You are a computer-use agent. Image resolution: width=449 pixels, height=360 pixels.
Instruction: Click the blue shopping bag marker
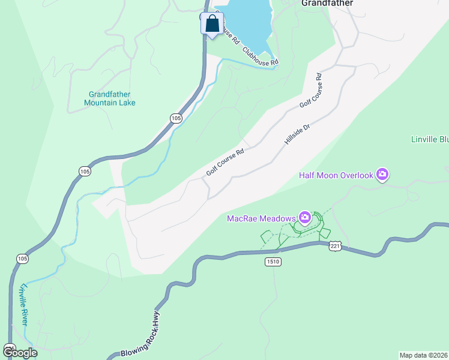[x=211, y=25]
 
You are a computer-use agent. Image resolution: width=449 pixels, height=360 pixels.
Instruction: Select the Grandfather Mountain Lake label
[x=110, y=98]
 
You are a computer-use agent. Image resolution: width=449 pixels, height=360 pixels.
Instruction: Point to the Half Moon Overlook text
[x=336, y=175]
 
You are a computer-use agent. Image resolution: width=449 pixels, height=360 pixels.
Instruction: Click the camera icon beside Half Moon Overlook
[x=382, y=175]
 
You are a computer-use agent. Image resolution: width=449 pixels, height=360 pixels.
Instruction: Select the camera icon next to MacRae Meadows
[x=305, y=217]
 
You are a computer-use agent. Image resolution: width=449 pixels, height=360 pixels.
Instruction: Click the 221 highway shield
[x=335, y=246]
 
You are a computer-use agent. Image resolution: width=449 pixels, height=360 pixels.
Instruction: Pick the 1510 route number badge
[x=273, y=262]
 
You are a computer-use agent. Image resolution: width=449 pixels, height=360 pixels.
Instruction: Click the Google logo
[x=20, y=353]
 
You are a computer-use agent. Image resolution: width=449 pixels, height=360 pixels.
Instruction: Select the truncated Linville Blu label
[x=430, y=140]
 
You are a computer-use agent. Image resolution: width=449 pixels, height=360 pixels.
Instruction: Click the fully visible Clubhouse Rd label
[x=261, y=54]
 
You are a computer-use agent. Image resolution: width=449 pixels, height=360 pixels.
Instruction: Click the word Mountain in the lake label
[x=101, y=103]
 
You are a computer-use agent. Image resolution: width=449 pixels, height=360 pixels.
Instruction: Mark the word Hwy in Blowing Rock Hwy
[x=155, y=321]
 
